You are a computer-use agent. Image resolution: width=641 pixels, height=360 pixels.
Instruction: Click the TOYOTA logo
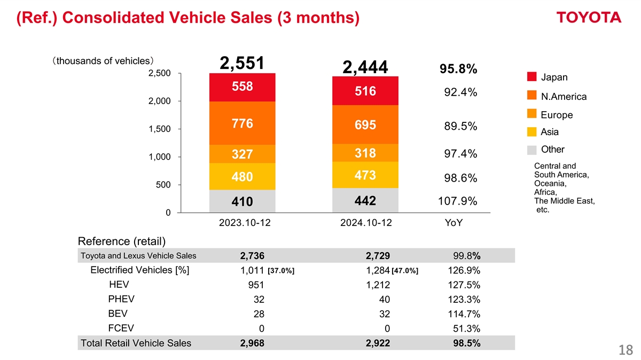click(x=589, y=18)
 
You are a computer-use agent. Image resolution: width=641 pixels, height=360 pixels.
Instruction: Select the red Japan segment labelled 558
click(x=242, y=87)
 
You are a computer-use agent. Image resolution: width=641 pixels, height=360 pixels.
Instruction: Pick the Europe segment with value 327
click(x=242, y=154)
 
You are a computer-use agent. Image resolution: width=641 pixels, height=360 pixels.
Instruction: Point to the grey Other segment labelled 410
click(x=242, y=202)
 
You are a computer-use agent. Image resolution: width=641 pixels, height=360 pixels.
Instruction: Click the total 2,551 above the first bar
click(x=242, y=63)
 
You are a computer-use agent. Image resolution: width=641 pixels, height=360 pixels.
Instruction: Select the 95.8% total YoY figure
click(x=458, y=70)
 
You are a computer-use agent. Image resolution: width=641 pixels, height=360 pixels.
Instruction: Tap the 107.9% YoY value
click(x=457, y=201)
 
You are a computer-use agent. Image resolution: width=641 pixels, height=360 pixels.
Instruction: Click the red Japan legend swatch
click(x=531, y=77)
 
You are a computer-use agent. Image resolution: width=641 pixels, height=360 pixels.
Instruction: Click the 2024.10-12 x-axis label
click(x=365, y=223)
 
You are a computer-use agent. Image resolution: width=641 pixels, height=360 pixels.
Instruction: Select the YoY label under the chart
click(x=454, y=223)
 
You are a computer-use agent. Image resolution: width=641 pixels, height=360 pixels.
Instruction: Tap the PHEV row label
click(x=121, y=299)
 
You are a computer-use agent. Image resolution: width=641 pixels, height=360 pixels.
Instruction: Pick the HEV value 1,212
click(x=378, y=285)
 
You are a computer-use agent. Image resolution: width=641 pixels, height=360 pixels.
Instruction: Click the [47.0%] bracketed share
click(x=405, y=270)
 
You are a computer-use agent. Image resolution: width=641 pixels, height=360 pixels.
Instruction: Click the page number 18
click(x=626, y=350)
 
